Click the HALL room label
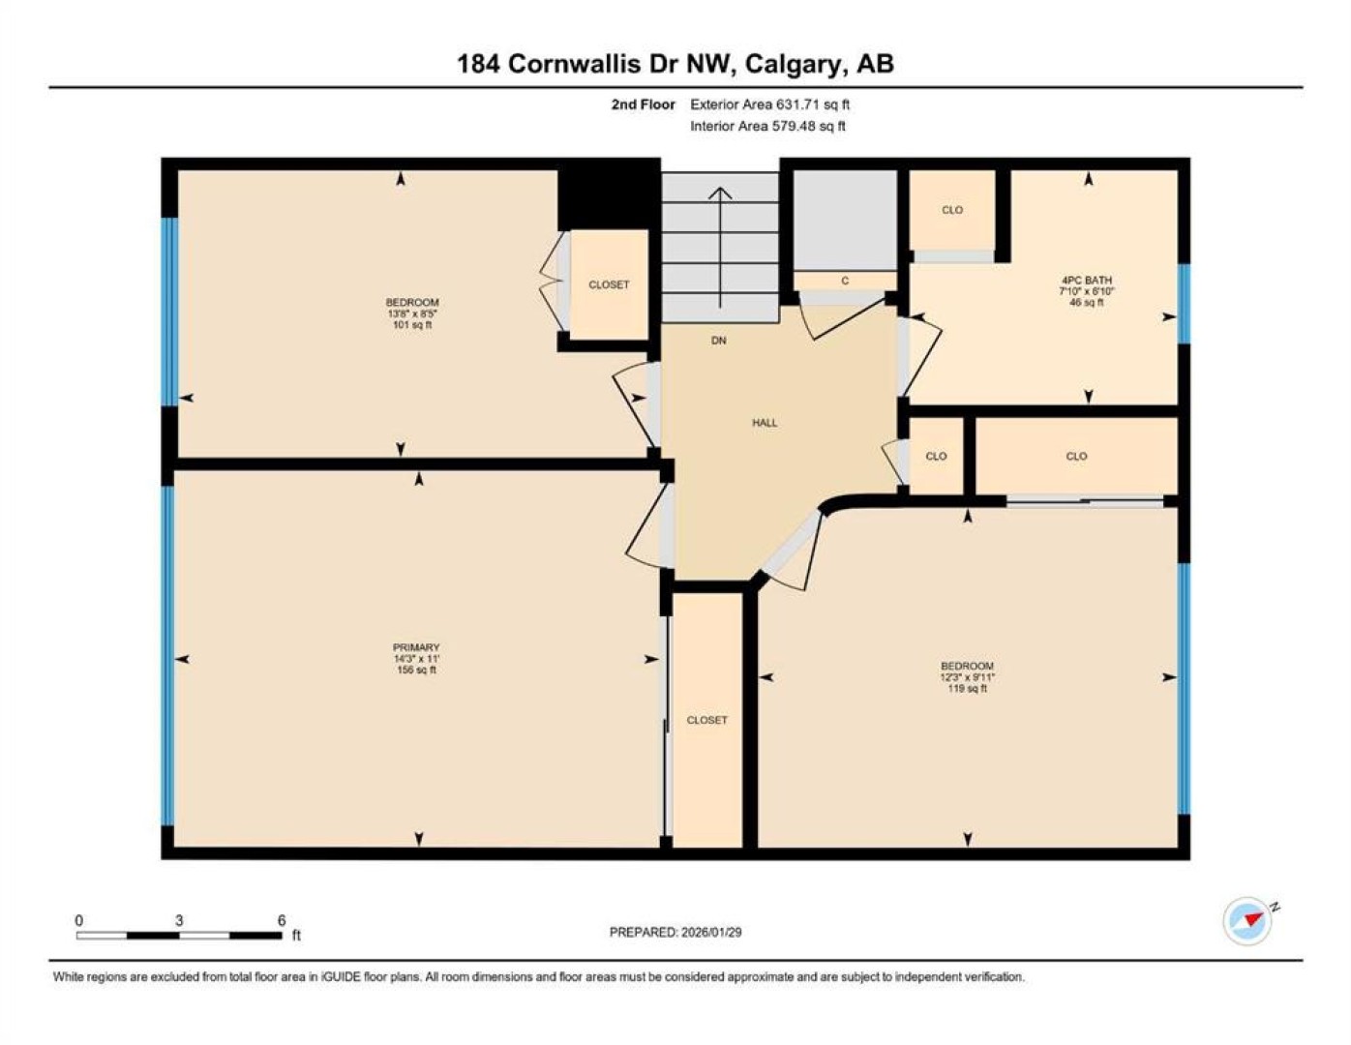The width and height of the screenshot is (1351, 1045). pos(765,423)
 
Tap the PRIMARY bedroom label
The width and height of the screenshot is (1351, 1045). pos(416,647)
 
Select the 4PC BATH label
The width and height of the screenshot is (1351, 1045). pos(1087,281)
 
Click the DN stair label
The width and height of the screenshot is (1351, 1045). pos(719,341)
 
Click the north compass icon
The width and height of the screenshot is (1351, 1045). pos(1247,921)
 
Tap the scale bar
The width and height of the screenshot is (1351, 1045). pos(179,935)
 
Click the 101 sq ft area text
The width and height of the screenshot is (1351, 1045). pos(412,325)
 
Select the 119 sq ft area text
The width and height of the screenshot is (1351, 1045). pos(967,689)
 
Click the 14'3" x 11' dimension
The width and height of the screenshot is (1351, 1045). pos(416,658)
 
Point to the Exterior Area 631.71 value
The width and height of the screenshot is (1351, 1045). pos(797,104)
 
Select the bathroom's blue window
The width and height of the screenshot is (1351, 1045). pos(1185,304)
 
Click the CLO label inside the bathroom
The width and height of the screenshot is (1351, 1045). pos(952,210)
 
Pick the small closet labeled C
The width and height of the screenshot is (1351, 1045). pos(845,281)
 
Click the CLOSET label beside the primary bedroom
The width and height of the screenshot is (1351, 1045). pos(706,720)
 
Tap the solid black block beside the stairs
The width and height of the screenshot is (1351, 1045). pos(608,194)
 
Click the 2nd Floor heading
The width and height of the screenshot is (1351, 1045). pos(643,104)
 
